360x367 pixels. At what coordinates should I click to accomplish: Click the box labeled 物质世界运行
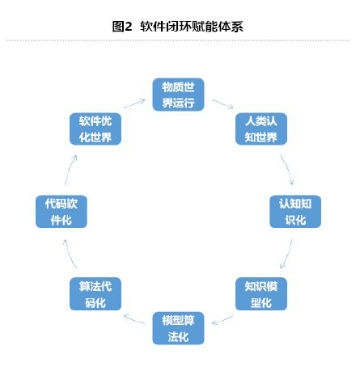(178, 95)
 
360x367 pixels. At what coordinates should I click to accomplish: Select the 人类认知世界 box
(261, 129)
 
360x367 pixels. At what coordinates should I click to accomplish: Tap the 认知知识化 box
(295, 212)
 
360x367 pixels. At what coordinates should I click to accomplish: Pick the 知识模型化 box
(261, 294)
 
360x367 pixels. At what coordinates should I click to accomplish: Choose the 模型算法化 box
(178, 328)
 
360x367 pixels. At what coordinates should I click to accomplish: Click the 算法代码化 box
(95, 294)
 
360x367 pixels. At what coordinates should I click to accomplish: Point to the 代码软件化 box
(61, 212)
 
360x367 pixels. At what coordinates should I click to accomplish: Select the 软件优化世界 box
(95, 129)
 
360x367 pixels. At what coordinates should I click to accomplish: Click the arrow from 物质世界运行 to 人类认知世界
(222, 103)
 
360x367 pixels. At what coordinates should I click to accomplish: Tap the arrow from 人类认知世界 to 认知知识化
(287, 170)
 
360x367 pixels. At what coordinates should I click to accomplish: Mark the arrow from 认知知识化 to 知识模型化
(287, 254)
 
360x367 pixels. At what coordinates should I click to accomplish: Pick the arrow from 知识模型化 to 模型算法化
(222, 320)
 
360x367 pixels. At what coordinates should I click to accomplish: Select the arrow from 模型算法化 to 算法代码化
(134, 319)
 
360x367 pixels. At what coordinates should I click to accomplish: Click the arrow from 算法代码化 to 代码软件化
(70, 254)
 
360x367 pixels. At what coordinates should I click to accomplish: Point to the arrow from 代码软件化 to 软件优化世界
(70, 170)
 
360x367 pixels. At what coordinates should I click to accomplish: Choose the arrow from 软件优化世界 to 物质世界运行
(134, 103)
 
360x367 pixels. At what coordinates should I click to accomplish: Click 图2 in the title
(122, 27)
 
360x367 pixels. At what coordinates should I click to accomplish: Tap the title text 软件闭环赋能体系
(192, 27)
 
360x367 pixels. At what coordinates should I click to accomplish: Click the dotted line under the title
(178, 40)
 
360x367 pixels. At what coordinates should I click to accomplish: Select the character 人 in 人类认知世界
(249, 121)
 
